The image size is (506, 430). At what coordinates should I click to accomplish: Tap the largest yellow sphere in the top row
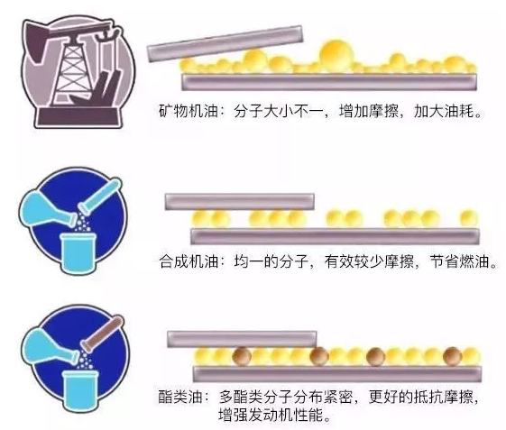[336, 54]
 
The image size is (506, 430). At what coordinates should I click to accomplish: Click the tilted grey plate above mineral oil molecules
[225, 43]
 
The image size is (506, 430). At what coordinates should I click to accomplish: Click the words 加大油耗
[444, 111]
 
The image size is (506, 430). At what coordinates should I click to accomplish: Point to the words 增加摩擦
[368, 111]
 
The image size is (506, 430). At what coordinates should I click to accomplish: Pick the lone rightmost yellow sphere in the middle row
[468, 218]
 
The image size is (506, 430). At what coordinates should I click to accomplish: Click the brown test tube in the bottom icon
[102, 334]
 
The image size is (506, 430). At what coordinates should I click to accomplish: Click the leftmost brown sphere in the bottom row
[242, 356]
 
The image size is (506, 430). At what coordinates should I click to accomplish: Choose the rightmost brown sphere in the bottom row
[453, 356]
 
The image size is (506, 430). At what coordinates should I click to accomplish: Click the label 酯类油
[180, 398]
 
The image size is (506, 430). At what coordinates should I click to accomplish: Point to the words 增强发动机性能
[271, 415]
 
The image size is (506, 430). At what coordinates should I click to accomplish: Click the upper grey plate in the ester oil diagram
[242, 339]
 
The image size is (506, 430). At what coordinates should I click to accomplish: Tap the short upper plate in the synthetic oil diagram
[239, 202]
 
